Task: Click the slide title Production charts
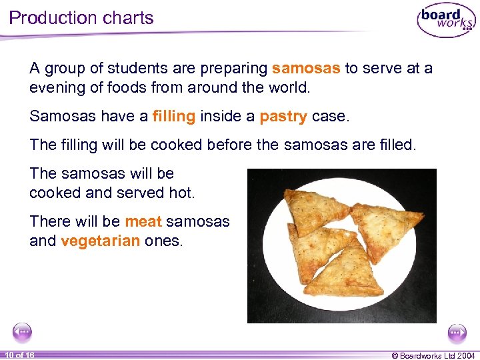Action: pos(81,18)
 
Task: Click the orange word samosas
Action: pos(307,68)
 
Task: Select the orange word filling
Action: pos(173,116)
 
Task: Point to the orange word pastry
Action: pos(283,117)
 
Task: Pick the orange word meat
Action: pos(143,221)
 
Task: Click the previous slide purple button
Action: pos(22,331)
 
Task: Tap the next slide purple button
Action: pos(457,331)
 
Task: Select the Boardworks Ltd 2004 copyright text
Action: pos(433,355)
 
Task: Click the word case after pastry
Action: pos(330,116)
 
